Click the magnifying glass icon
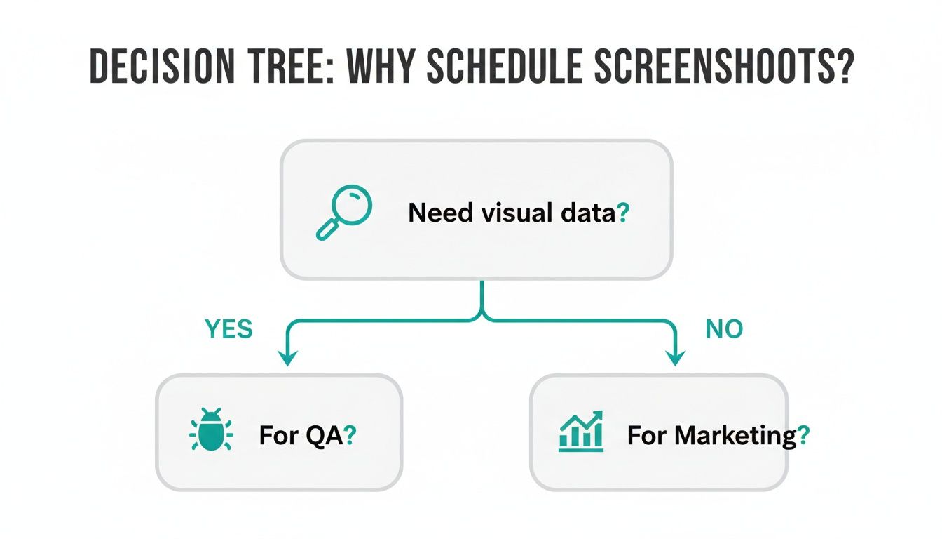click(x=343, y=212)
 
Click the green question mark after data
click(x=622, y=212)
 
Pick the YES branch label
click(x=228, y=328)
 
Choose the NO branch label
click(x=724, y=328)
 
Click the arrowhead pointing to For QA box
click(x=286, y=357)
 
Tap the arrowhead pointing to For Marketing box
click(x=674, y=357)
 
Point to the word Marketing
click(x=735, y=436)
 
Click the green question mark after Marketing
click(x=803, y=436)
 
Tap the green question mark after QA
click(x=351, y=436)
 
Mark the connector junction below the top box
click(x=482, y=317)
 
